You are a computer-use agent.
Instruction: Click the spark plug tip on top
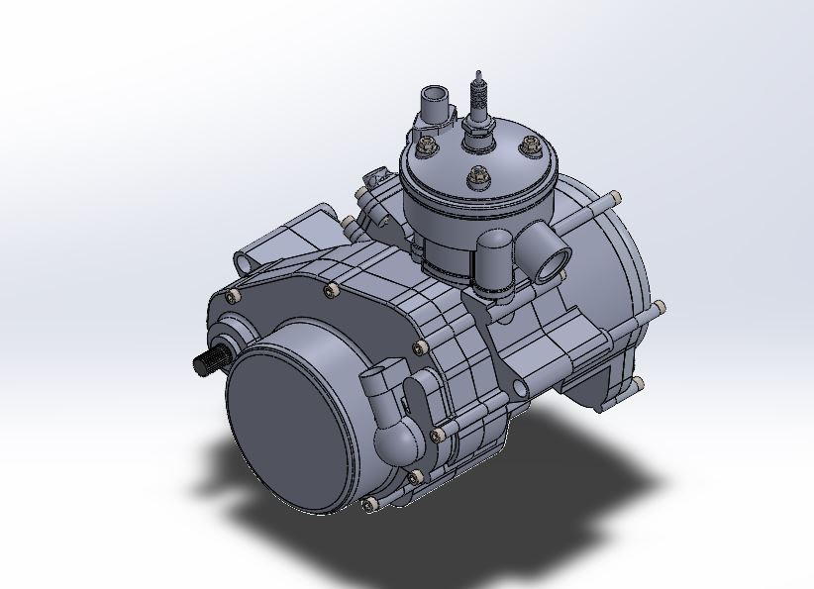[x=480, y=76]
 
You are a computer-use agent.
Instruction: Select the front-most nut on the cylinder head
[x=477, y=177]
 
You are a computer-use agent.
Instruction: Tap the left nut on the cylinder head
[x=428, y=148]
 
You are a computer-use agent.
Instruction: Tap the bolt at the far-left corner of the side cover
[x=232, y=297]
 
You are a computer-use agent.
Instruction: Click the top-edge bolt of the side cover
[x=330, y=290]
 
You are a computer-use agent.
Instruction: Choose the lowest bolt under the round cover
[x=370, y=506]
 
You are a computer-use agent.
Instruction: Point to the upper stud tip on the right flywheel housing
[x=616, y=195]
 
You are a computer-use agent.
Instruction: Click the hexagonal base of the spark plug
[x=478, y=126]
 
